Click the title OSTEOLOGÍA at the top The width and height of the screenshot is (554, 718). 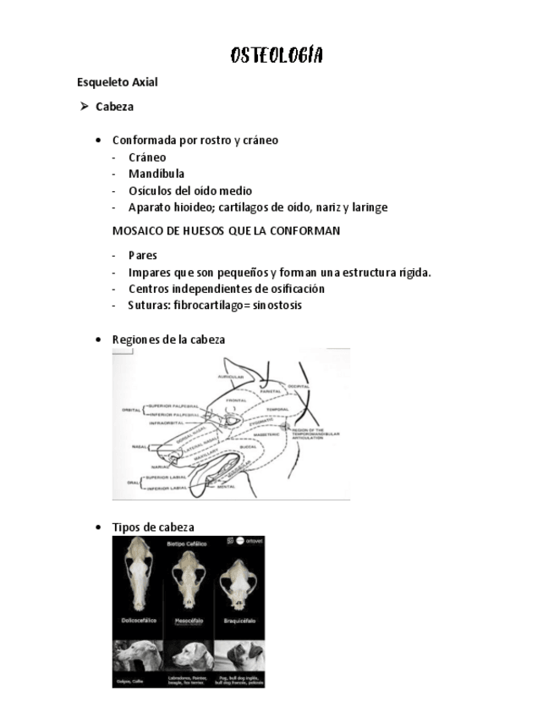[277, 56]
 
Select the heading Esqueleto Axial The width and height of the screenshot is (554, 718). [117, 83]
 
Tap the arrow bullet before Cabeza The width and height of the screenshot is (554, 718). [85, 107]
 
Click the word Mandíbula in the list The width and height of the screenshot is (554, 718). [156, 174]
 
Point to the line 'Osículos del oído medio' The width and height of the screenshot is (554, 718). [189, 191]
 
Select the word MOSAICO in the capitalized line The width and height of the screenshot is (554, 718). [136, 231]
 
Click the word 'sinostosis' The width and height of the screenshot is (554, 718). [273, 306]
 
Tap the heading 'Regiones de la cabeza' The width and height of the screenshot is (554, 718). [168, 340]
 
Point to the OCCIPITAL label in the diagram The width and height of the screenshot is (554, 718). [299, 384]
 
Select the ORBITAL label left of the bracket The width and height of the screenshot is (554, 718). [131, 410]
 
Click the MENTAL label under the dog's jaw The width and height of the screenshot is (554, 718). [226, 487]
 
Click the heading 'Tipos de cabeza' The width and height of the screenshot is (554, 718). [153, 527]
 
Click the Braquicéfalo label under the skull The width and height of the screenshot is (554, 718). [238, 620]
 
